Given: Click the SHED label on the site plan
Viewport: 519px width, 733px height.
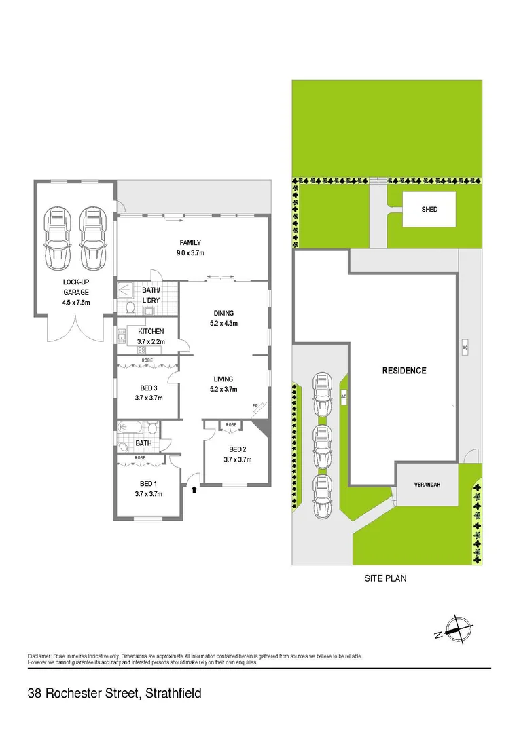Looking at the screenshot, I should (429, 210).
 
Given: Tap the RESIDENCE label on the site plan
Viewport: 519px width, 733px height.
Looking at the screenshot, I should (404, 371).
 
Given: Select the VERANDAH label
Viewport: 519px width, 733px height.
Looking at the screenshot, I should (428, 485).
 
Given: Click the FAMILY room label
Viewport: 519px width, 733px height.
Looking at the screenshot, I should (190, 242).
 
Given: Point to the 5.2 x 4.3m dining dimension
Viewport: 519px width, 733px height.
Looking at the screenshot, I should (223, 324).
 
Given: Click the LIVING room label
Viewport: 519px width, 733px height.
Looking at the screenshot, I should (223, 379).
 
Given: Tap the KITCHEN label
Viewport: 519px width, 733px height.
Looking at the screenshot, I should (151, 331).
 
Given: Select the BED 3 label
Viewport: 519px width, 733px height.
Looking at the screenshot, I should (148, 388).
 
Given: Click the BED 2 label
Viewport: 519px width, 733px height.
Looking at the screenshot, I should (237, 449).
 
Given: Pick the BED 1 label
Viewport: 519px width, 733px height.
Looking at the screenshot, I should (148, 483).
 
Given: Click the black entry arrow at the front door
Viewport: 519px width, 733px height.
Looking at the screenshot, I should (194, 487).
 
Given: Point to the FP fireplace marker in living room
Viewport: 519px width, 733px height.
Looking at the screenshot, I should (255, 406).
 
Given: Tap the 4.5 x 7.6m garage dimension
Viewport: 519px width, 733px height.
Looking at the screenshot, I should (77, 302).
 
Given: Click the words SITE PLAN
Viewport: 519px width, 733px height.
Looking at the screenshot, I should (384, 579).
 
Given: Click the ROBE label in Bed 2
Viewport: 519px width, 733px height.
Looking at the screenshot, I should (231, 424).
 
